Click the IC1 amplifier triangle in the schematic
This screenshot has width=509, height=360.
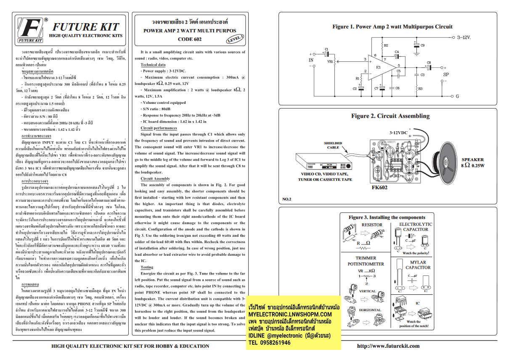[x=380, y=67]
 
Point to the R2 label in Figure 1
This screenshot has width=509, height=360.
[x=386, y=45]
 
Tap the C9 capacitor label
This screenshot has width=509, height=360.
[x=422, y=45]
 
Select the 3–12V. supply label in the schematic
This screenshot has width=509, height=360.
[x=464, y=37]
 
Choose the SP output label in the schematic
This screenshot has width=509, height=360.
[x=446, y=74]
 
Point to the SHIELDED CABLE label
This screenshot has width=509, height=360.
[x=333, y=145]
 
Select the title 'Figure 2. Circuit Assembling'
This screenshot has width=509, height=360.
[x=390, y=116]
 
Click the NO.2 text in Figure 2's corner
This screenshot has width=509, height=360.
[x=287, y=199]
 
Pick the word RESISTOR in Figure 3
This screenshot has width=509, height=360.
[x=372, y=225]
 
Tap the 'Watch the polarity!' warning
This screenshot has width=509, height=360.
[x=416, y=253]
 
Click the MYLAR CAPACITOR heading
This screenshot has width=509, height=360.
[x=417, y=265]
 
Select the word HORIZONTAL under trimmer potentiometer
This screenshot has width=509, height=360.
[x=370, y=310]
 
